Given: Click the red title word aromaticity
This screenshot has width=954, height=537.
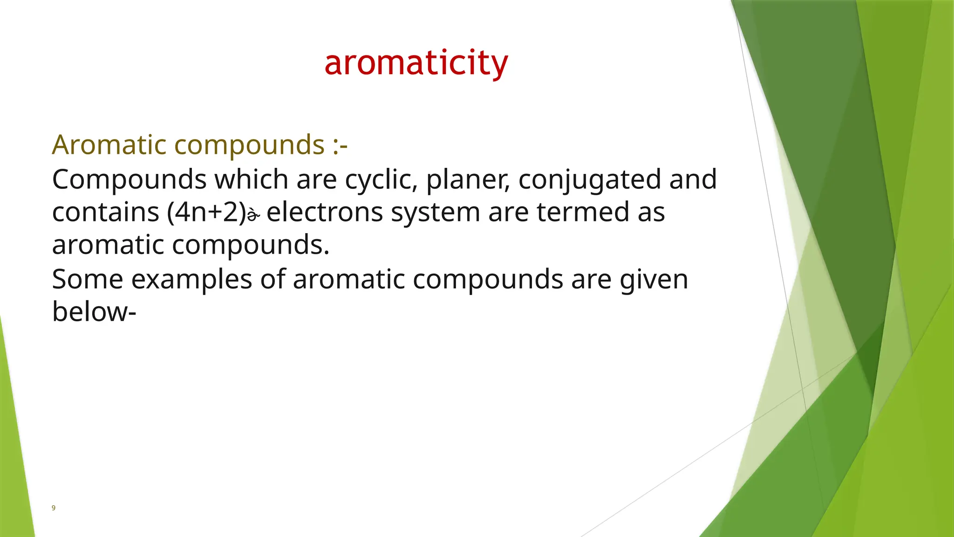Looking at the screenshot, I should tap(416, 63).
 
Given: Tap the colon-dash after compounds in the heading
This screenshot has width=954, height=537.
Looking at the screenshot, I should tap(340, 145).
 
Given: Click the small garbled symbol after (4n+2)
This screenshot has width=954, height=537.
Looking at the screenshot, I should tap(253, 215).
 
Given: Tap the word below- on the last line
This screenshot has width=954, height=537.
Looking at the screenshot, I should tap(94, 311).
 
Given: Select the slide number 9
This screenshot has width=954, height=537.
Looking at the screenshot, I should tap(53, 508).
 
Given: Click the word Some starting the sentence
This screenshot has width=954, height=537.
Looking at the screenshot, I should tap(87, 280).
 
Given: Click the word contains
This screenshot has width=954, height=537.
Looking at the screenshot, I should tap(105, 213).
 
